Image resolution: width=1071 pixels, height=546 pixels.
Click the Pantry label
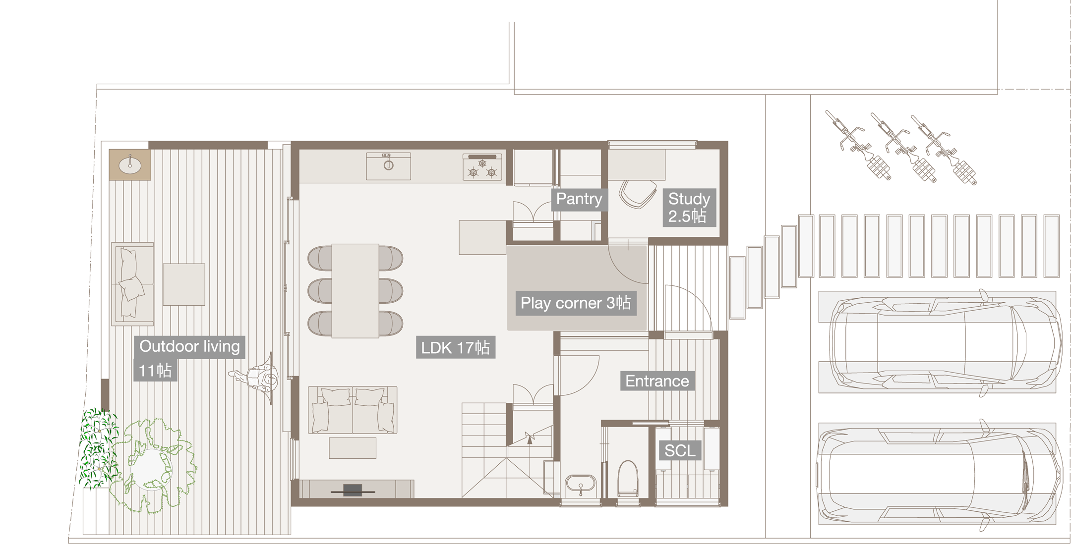[x=579, y=199]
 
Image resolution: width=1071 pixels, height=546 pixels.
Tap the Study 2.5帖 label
[x=689, y=207]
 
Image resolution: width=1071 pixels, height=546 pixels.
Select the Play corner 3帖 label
[x=575, y=303]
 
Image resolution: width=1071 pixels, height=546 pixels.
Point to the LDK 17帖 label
[x=455, y=347]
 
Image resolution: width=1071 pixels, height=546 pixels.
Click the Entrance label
[x=657, y=381]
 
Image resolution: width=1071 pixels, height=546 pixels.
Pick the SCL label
[x=680, y=451]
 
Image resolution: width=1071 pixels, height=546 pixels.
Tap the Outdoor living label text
[x=189, y=346]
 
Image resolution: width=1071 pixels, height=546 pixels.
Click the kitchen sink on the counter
[x=388, y=165]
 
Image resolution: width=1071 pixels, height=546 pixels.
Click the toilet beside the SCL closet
[x=627, y=477]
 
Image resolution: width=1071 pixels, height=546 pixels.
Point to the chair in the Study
[x=638, y=194]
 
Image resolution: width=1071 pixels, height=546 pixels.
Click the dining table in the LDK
[x=355, y=290]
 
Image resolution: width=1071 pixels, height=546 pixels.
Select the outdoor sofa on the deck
[x=131, y=283]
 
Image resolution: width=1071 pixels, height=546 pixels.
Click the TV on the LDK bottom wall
[x=353, y=490]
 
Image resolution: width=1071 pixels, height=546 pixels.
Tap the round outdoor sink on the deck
[x=130, y=162]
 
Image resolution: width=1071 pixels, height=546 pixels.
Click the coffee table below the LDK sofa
[x=353, y=448]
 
